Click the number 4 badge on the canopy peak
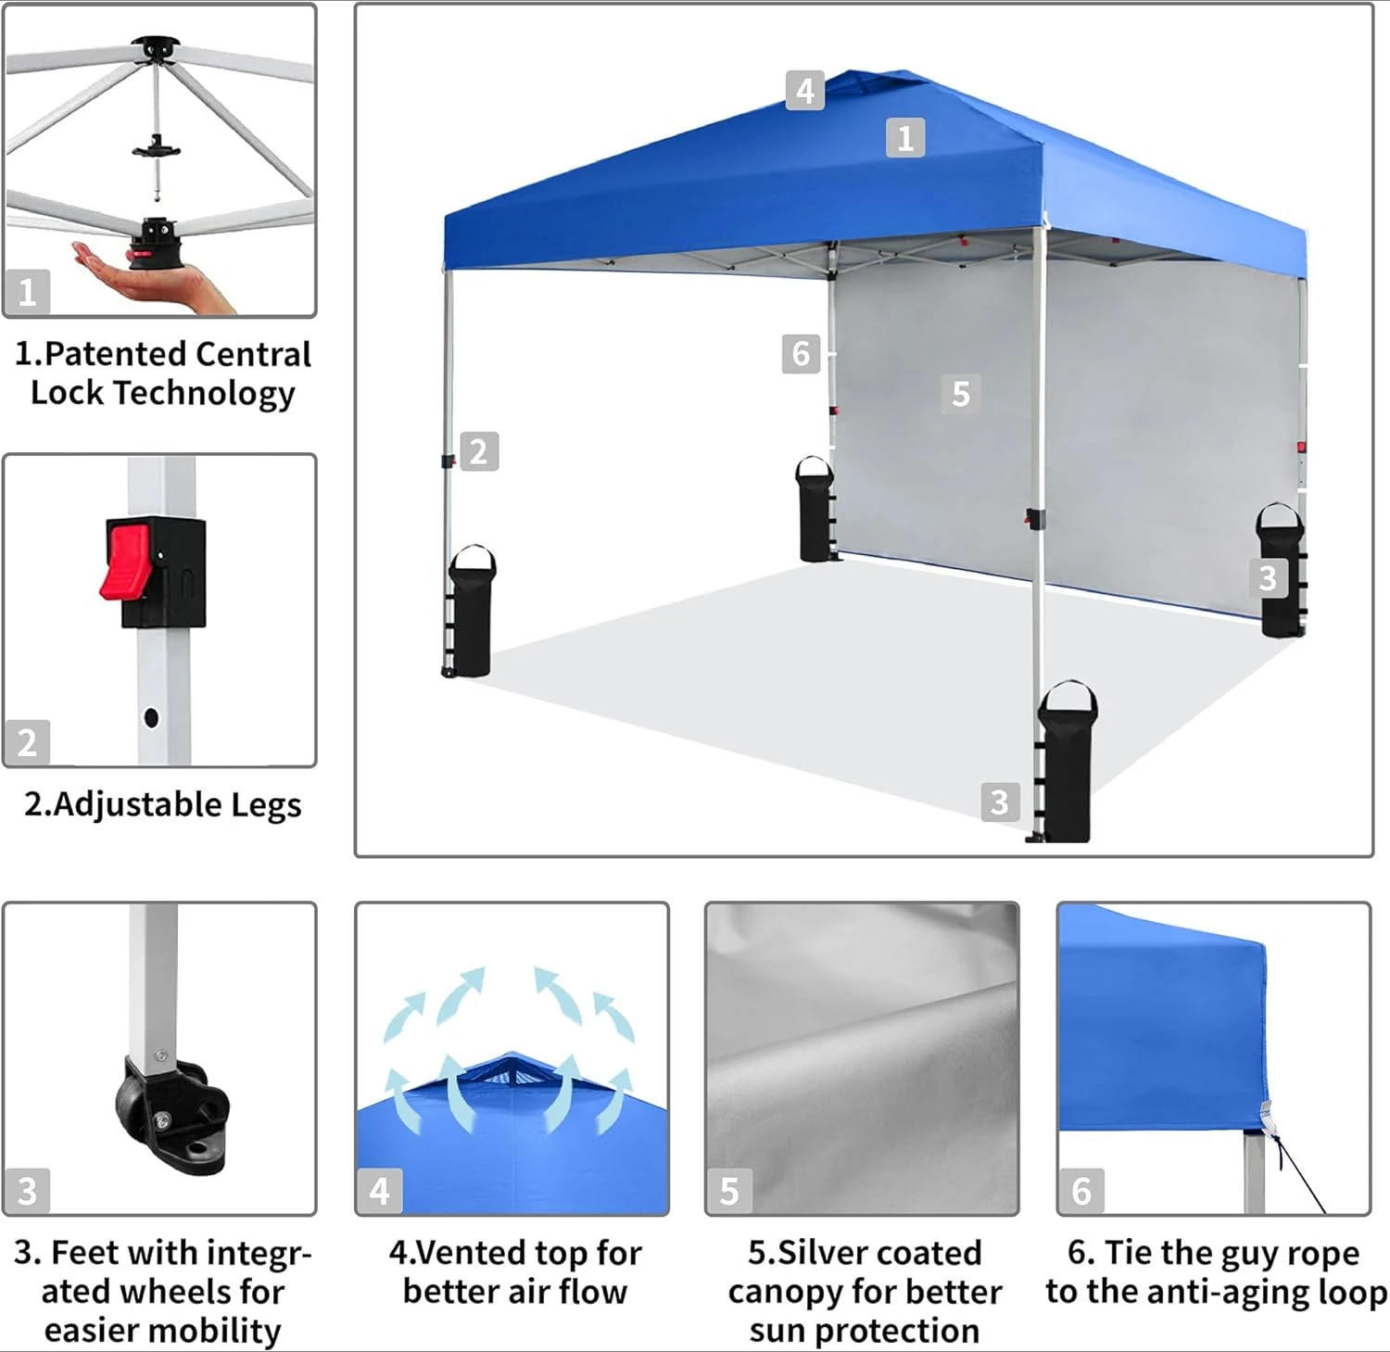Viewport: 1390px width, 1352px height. click(804, 91)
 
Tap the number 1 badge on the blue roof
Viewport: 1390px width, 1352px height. click(905, 137)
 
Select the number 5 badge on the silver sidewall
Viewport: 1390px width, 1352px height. click(960, 393)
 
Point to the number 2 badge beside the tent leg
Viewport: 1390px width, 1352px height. click(478, 451)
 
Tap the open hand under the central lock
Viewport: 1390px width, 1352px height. click(153, 276)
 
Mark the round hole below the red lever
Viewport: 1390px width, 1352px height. click(151, 717)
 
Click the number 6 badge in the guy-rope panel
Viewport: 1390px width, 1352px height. click(1081, 1191)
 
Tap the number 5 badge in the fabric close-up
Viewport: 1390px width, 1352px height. click(729, 1191)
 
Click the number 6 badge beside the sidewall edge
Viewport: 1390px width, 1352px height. click(801, 353)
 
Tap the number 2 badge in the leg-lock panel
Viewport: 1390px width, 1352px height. click(27, 742)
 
